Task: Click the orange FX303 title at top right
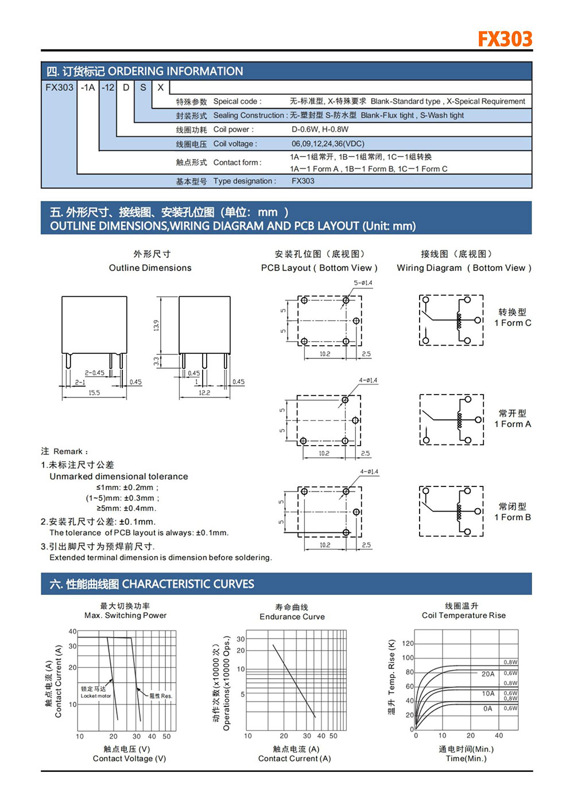[505, 39]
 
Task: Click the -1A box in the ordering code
[88, 87]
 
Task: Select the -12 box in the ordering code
[108, 87]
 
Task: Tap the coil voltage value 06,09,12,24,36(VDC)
[328, 144]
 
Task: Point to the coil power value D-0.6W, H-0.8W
[320, 129]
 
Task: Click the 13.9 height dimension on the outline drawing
[156, 326]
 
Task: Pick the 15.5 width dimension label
[94, 393]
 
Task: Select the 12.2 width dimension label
[204, 393]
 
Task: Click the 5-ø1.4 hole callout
[363, 283]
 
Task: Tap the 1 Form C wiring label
[513, 323]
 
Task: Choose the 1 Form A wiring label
[513, 424]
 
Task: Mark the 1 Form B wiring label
[513, 517]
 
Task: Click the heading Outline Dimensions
[150, 268]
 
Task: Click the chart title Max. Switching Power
[125, 615]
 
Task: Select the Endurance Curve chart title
[292, 616]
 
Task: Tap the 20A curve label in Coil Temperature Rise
[488, 674]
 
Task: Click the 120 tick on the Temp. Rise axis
[408, 643]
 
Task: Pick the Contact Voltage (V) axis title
[129, 758]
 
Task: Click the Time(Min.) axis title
[466, 758]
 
